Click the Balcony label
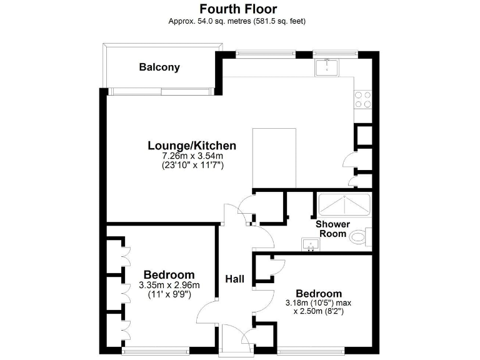click(159, 67)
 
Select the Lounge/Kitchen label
click(191, 146)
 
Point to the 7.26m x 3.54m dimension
click(192, 156)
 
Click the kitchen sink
click(326, 66)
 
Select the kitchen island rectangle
click(274, 157)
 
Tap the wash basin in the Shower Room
click(311, 244)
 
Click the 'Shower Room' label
click(332, 229)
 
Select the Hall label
click(235, 279)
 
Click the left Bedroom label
click(169, 274)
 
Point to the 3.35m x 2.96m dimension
click(169, 284)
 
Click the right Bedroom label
click(319, 294)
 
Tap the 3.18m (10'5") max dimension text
click(319, 303)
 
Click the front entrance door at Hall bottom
click(236, 341)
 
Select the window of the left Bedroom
click(156, 351)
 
